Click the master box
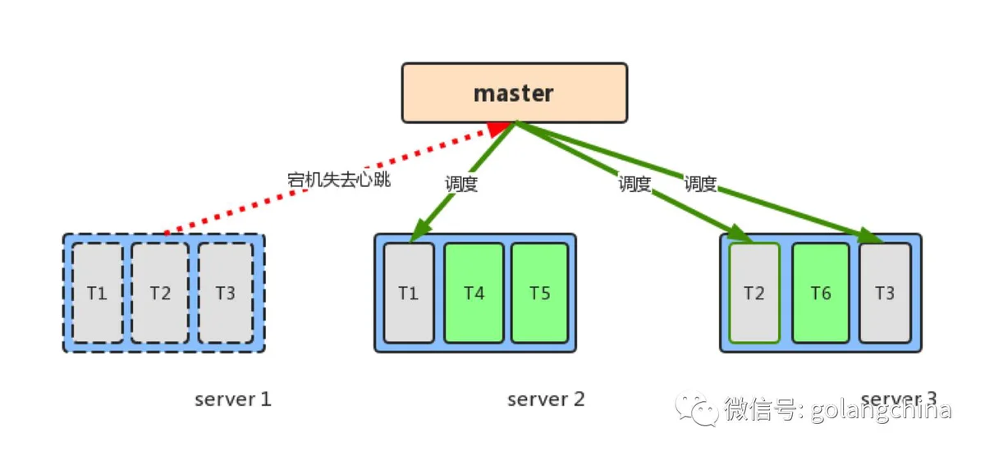point(515,93)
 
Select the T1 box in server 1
point(97,293)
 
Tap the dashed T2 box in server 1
point(160,293)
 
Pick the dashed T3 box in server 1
point(226,293)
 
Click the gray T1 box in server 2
point(409,293)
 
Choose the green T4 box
point(474,293)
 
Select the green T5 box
point(540,293)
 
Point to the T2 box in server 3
point(754,293)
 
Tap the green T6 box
point(821,293)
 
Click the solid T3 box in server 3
point(885,293)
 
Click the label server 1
point(233,399)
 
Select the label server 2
point(546,399)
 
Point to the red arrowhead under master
point(499,129)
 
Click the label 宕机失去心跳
point(338,180)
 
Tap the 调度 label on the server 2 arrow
point(461,184)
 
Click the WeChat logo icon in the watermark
point(697,408)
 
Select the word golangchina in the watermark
point(881,410)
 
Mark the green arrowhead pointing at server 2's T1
point(421,230)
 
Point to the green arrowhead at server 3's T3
point(871,235)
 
